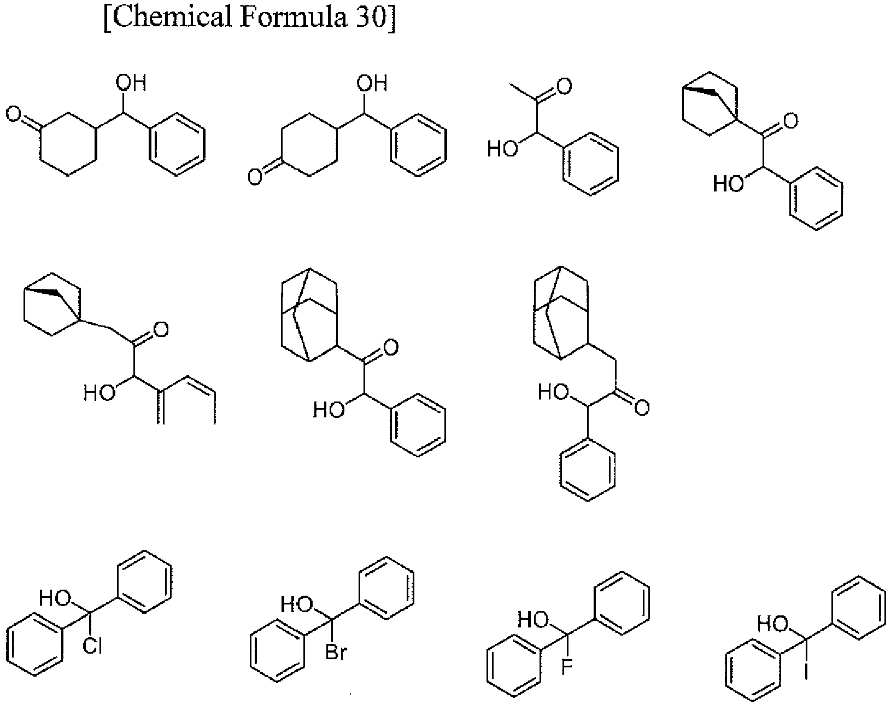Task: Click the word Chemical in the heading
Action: point(172,18)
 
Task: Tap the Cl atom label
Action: point(92,647)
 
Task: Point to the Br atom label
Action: point(336,652)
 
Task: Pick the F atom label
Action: point(566,667)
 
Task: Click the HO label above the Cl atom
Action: point(55,598)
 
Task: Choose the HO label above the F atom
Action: point(534,620)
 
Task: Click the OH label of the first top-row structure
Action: point(131,83)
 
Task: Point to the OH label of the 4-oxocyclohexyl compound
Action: point(372,83)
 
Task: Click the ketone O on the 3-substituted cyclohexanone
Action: point(14,114)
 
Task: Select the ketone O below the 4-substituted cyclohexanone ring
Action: point(255,177)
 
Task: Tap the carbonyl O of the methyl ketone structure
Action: point(564,86)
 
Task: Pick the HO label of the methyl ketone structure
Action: point(503,148)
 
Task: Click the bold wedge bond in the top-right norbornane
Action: point(700,91)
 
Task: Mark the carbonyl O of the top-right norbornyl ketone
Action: point(790,121)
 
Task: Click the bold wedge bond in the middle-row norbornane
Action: point(42,292)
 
